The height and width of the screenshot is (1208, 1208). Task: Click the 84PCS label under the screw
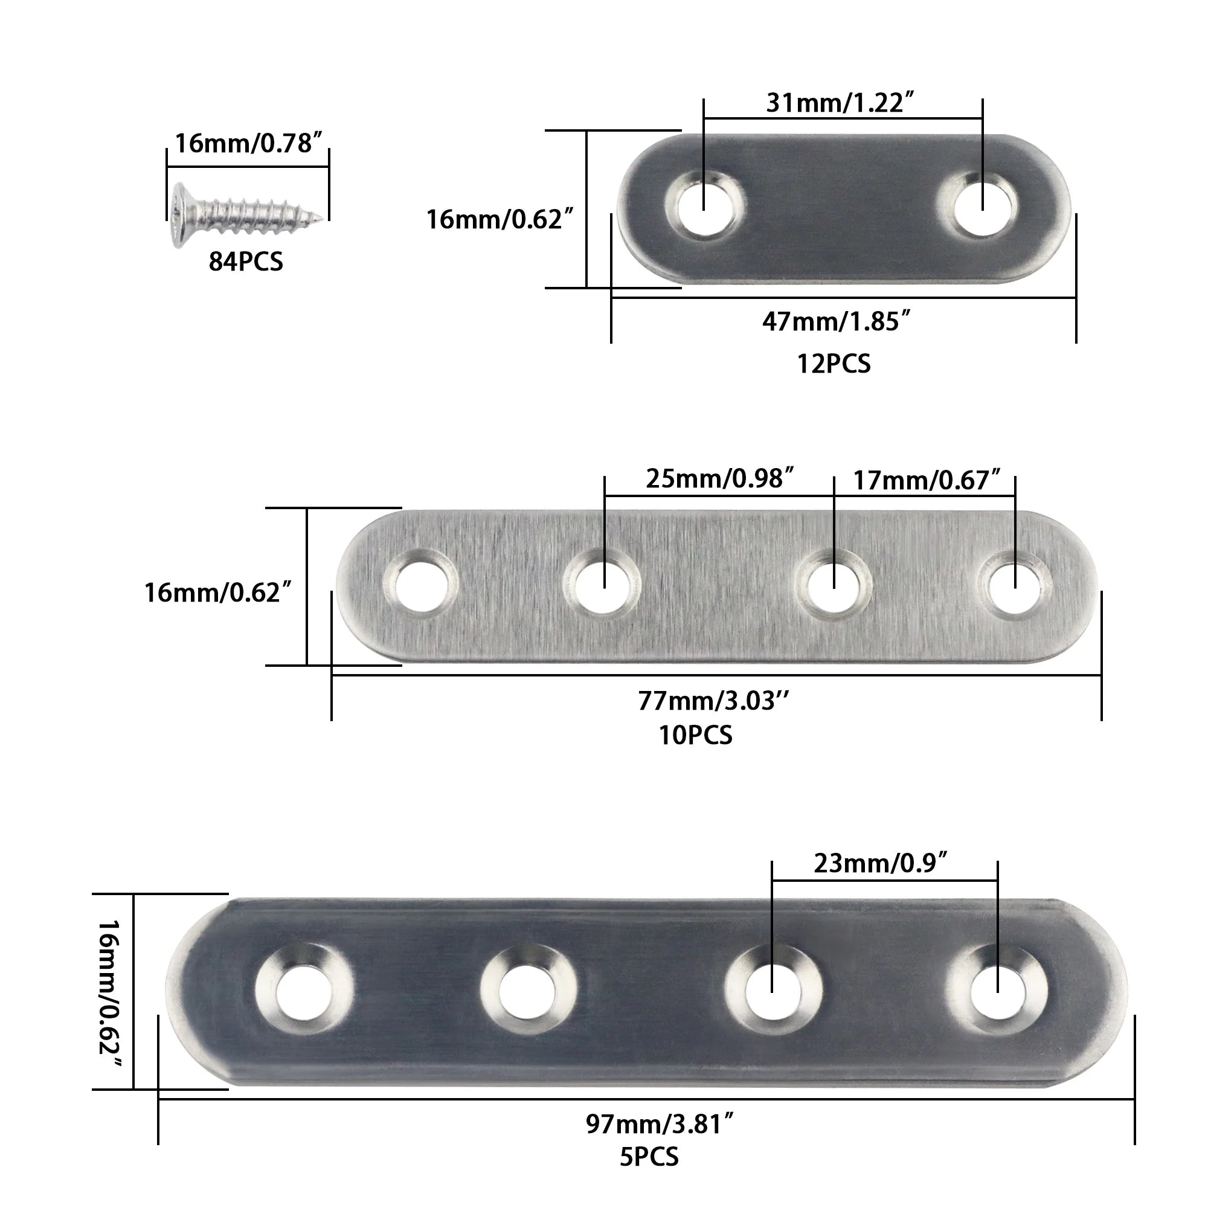pos(246,262)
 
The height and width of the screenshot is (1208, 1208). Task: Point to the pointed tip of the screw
pos(321,218)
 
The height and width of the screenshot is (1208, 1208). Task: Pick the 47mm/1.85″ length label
pos(836,322)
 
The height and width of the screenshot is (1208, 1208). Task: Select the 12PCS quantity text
pos(834,364)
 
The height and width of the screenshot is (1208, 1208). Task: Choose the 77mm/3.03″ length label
pos(713,701)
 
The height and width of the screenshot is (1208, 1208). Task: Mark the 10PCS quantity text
pos(695,735)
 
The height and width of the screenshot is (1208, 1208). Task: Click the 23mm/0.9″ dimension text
pos(881,864)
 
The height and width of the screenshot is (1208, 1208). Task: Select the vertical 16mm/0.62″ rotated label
pos(110,994)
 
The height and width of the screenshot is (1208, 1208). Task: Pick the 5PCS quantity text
pos(649,1157)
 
